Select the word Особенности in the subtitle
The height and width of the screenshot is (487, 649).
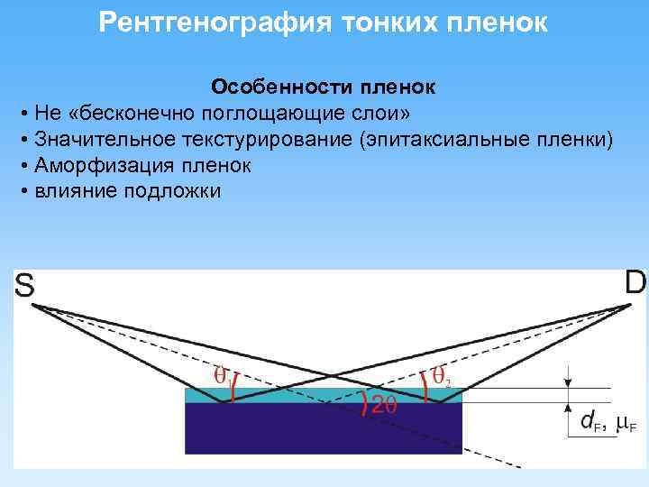click(273, 87)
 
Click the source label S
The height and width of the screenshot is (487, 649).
click(24, 286)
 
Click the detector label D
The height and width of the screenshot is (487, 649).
click(635, 282)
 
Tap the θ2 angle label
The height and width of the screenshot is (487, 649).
click(439, 373)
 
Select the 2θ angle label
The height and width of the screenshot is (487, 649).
click(383, 407)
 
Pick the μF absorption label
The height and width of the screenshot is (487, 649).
click(626, 422)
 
